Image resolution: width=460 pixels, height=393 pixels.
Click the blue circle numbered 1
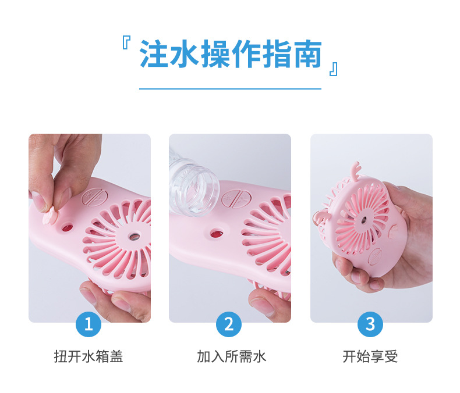[89, 324]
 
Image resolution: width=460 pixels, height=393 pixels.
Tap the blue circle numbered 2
[229, 324]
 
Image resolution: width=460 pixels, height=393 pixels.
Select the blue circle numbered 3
[370, 324]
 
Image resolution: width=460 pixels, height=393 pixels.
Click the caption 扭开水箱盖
[89, 357]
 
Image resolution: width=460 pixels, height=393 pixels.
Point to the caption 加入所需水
[232, 357]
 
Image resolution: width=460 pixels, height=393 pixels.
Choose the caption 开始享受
[370, 357]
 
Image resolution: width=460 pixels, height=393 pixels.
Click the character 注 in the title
[153, 53]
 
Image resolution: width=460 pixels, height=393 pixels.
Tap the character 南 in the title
[308, 53]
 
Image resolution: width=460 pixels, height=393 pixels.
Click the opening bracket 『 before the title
[126, 43]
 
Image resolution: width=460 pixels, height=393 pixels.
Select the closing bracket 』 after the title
[334, 69]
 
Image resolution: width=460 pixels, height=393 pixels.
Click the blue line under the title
[231, 88]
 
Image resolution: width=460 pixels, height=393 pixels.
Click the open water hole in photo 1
[67, 226]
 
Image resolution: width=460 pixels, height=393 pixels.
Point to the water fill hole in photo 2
[217, 233]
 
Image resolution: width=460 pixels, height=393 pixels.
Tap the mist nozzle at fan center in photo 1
[135, 236]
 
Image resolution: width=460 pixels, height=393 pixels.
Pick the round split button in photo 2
[236, 199]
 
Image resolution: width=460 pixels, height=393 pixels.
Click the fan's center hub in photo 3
[365, 219]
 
